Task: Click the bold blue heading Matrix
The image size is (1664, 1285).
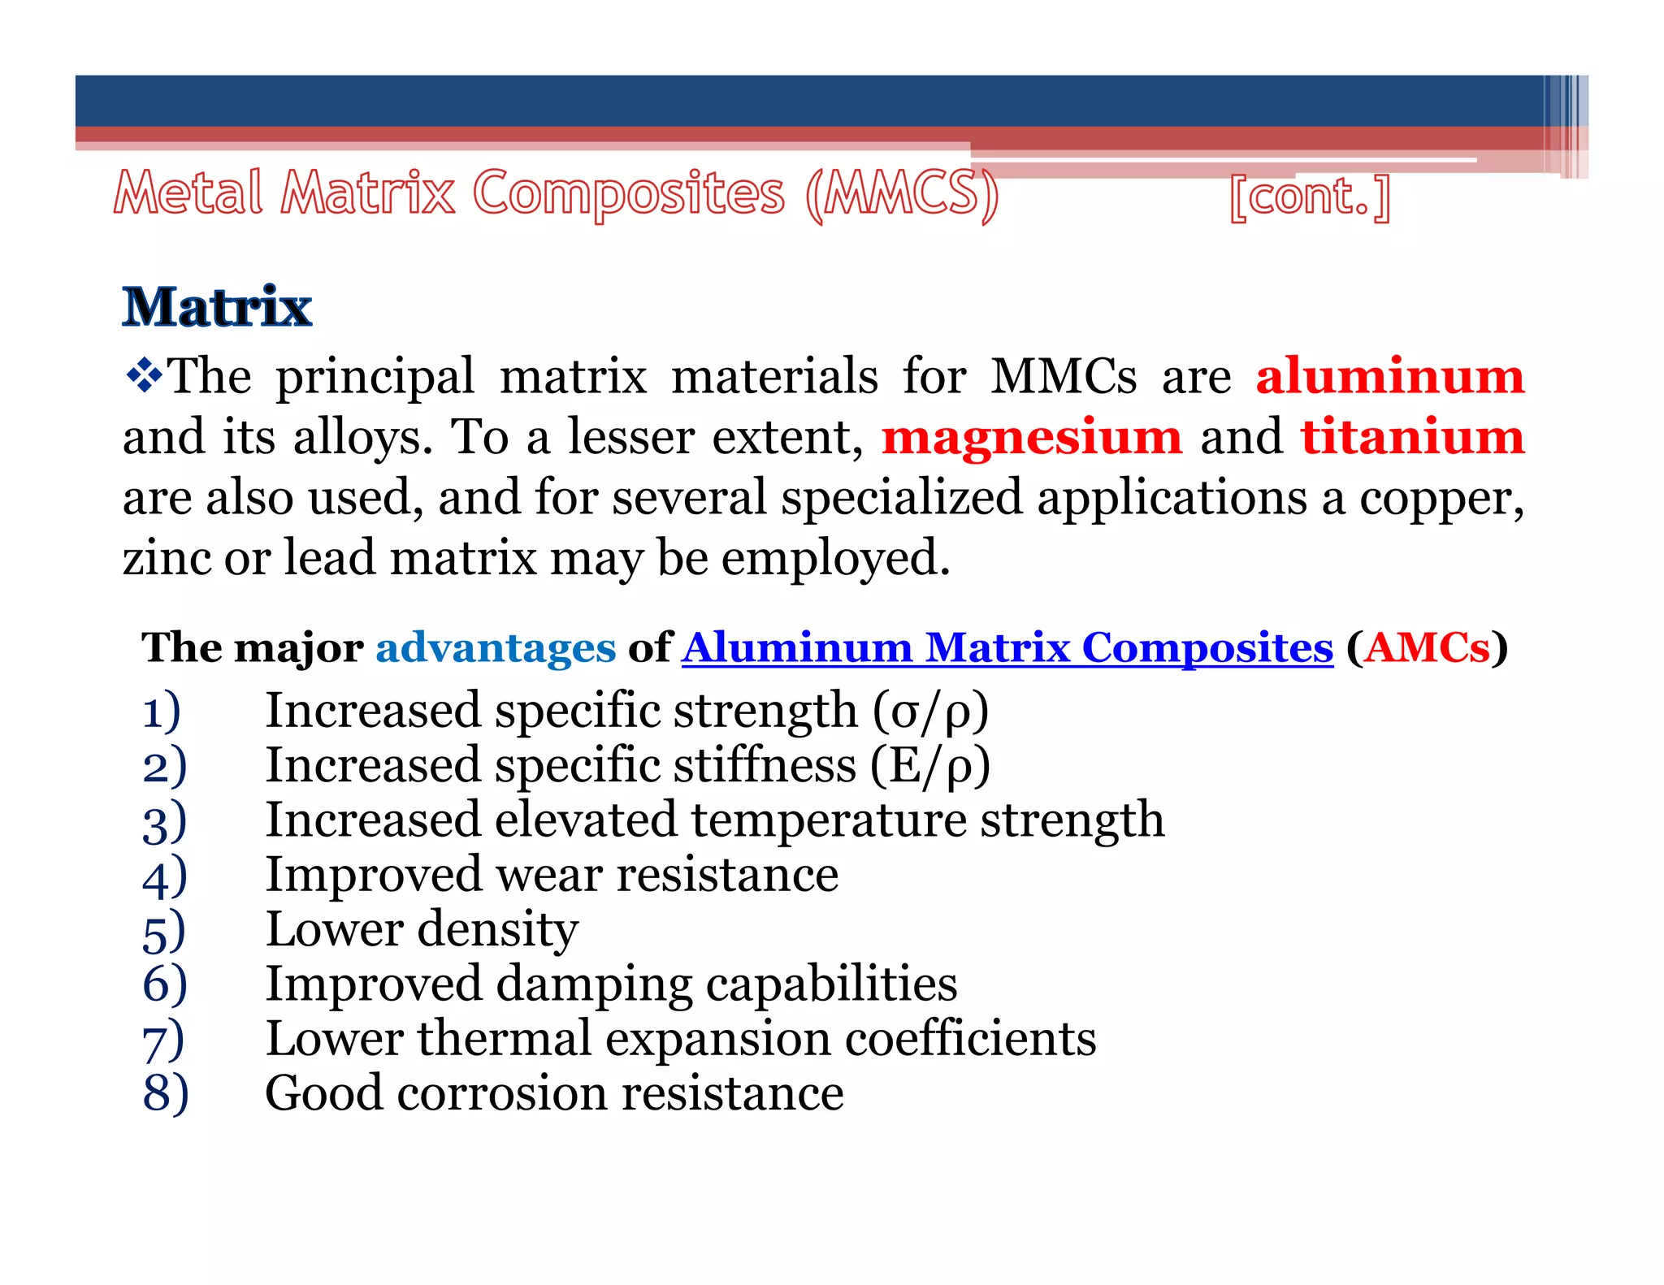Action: click(x=217, y=307)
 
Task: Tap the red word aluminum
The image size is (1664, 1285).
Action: click(x=1390, y=376)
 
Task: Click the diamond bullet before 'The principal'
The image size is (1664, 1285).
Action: click(x=144, y=376)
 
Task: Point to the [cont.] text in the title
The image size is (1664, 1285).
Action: click(x=1310, y=197)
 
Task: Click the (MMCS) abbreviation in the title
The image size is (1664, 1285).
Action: click(x=902, y=195)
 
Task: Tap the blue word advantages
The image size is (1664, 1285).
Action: click(x=496, y=648)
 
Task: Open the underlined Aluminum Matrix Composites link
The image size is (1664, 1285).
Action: click(x=1007, y=648)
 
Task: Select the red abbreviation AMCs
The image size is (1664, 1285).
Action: click(x=1427, y=648)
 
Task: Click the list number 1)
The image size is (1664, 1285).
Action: click(x=162, y=712)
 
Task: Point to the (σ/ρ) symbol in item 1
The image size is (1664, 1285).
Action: click(x=930, y=712)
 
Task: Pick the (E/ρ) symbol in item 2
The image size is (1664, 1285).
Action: click(x=930, y=766)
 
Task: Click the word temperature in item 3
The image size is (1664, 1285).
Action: click(x=829, y=820)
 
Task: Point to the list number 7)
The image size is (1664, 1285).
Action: click(x=163, y=1040)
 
